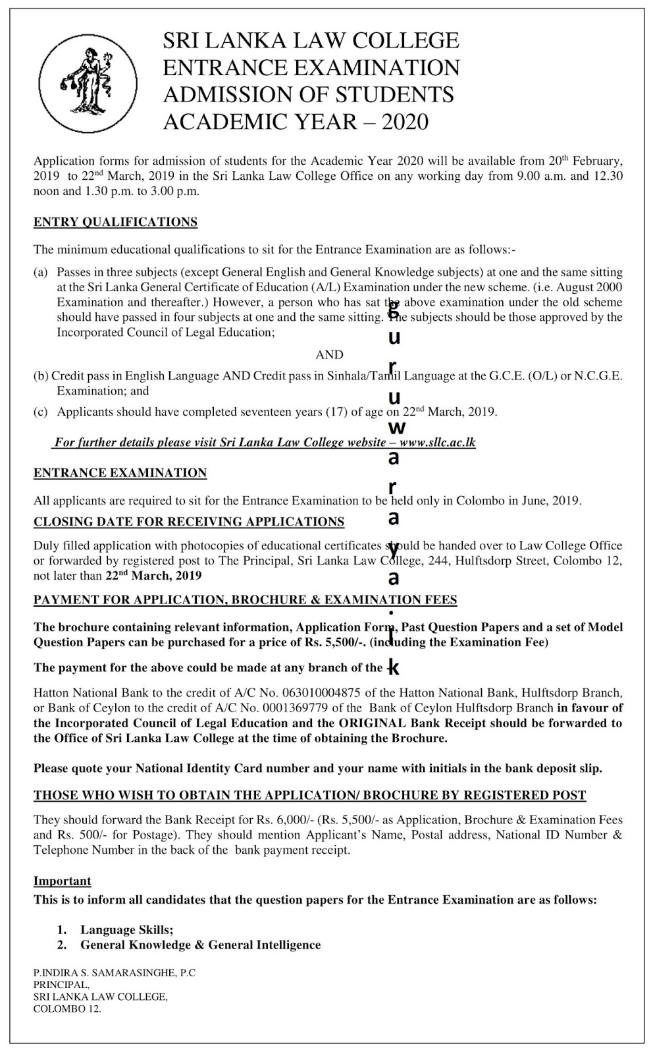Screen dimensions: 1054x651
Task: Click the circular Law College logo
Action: [x=88, y=80]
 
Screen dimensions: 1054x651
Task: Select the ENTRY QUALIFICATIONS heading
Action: [x=115, y=222]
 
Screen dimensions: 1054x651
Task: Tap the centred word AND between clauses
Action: [x=329, y=355]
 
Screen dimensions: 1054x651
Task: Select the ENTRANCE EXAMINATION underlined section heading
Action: [x=120, y=473]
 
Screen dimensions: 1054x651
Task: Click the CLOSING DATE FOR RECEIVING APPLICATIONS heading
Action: [x=189, y=522]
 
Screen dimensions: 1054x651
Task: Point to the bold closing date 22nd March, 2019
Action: [x=153, y=575]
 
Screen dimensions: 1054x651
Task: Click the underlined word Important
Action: [x=63, y=881]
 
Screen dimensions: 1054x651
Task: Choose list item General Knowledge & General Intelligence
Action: [x=201, y=945]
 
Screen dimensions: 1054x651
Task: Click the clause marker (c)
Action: [x=41, y=412]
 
